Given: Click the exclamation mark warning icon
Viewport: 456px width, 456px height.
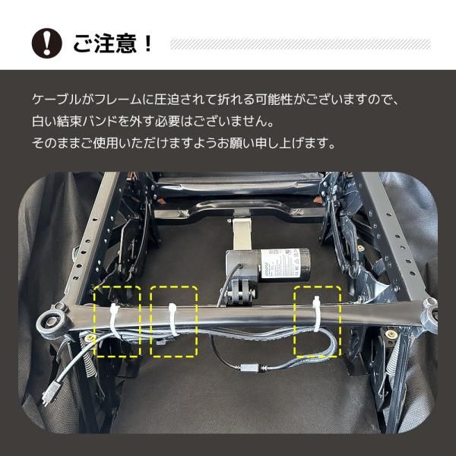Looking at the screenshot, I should pos(46,45).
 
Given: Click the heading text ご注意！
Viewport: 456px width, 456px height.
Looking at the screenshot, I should pos(113,44).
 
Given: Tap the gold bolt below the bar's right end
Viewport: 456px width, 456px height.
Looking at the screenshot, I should pos(391,331).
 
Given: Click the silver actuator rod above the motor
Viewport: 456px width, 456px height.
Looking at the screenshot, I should pos(242,233).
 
